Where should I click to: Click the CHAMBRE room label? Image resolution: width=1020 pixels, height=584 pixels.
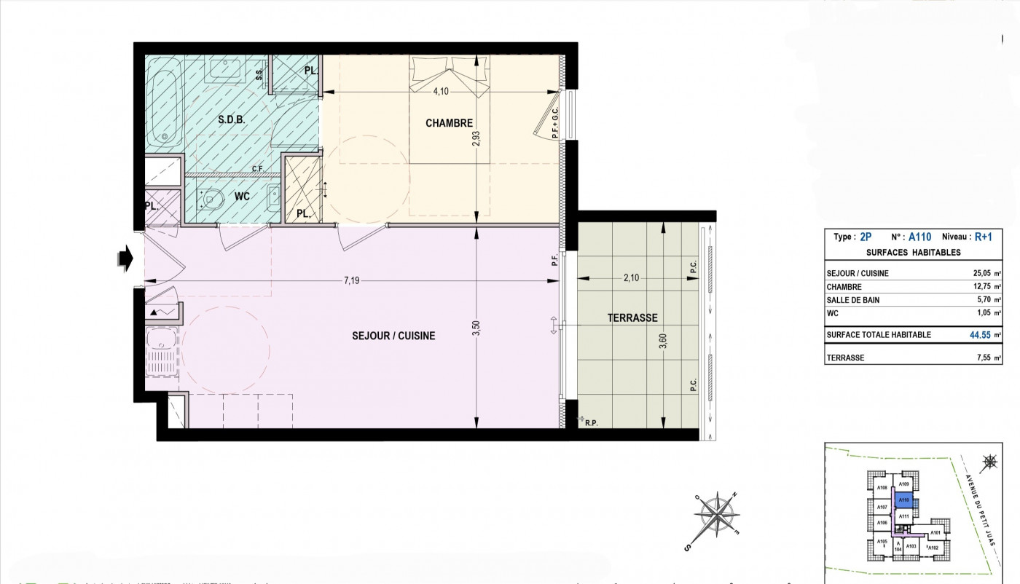tap(449, 123)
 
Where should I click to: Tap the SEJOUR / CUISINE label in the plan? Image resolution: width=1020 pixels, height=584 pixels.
tap(393, 336)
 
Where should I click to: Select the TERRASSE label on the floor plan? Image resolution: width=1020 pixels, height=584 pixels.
tap(632, 317)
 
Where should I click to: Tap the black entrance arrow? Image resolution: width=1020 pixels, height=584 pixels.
tap(125, 258)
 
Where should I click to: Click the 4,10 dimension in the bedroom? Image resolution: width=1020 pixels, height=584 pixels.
tap(442, 92)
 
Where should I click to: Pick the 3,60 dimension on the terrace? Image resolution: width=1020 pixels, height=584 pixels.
tap(662, 340)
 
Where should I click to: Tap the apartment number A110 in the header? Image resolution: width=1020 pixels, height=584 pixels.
tap(919, 237)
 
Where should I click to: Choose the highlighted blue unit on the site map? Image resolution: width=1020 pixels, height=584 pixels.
tap(903, 500)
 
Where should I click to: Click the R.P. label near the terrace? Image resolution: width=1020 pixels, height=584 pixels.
tap(589, 421)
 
